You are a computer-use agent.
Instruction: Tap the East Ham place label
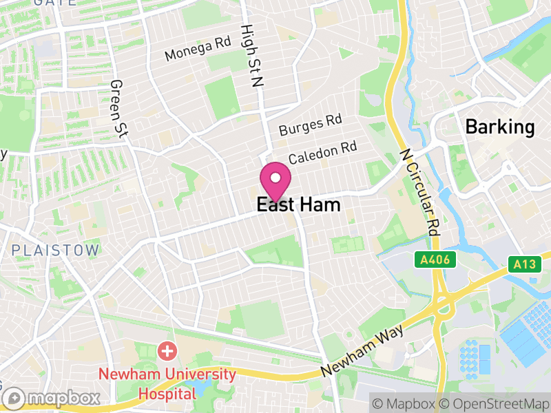point(298,205)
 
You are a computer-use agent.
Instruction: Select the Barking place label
point(499,127)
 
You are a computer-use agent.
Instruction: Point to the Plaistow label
point(55,250)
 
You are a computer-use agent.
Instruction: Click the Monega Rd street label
point(198,49)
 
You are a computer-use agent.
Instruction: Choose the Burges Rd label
point(310,125)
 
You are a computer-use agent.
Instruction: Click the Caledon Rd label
point(322,153)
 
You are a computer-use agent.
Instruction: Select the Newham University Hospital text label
point(167,385)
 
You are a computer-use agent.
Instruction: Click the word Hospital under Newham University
point(167,394)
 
